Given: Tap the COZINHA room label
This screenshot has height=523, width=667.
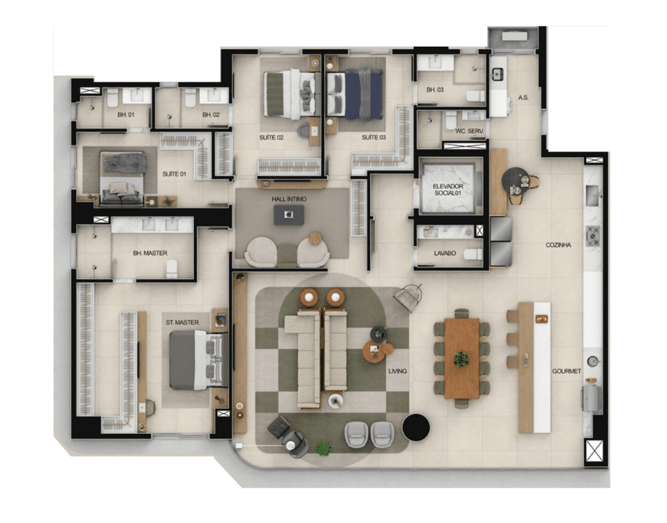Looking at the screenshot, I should tap(558, 245).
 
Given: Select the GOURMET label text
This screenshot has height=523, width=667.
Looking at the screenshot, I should tap(567, 371).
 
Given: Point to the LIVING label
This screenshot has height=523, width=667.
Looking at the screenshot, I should tap(398, 371).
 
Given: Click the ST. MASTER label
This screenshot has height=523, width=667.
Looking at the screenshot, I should tap(182, 322).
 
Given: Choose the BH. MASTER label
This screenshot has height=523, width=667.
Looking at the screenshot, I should tap(149, 253).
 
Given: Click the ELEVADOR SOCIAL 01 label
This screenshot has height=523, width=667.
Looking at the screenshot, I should tap(447, 190).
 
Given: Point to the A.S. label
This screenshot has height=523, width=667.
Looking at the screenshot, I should tap(523, 98).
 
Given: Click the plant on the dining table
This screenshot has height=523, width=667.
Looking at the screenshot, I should tap(461, 359).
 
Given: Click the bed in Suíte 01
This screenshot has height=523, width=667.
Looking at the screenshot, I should tap(122, 177).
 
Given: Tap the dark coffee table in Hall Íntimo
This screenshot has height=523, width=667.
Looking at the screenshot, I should tap(289, 214).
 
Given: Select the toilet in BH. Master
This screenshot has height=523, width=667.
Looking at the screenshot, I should tap(172, 268).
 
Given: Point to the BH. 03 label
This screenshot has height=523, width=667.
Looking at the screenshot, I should tap(435, 90).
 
